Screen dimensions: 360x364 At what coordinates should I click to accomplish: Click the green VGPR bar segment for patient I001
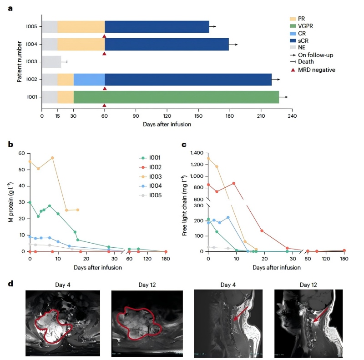[x=176, y=97]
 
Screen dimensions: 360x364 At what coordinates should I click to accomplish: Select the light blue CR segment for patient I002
[x=89, y=79]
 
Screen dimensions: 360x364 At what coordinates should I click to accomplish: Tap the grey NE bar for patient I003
[x=51, y=62]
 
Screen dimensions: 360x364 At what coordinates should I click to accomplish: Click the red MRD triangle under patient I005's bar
[x=105, y=36]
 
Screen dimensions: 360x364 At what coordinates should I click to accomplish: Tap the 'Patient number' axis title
[x=20, y=61]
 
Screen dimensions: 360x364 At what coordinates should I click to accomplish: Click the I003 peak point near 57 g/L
[x=52, y=158]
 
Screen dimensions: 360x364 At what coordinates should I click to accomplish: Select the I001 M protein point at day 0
[x=30, y=202]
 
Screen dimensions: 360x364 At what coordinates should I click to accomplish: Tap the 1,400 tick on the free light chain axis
[x=197, y=153]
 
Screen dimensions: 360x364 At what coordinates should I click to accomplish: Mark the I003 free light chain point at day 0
[x=208, y=159]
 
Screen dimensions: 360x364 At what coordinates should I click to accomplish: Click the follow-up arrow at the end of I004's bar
[x=233, y=45]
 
